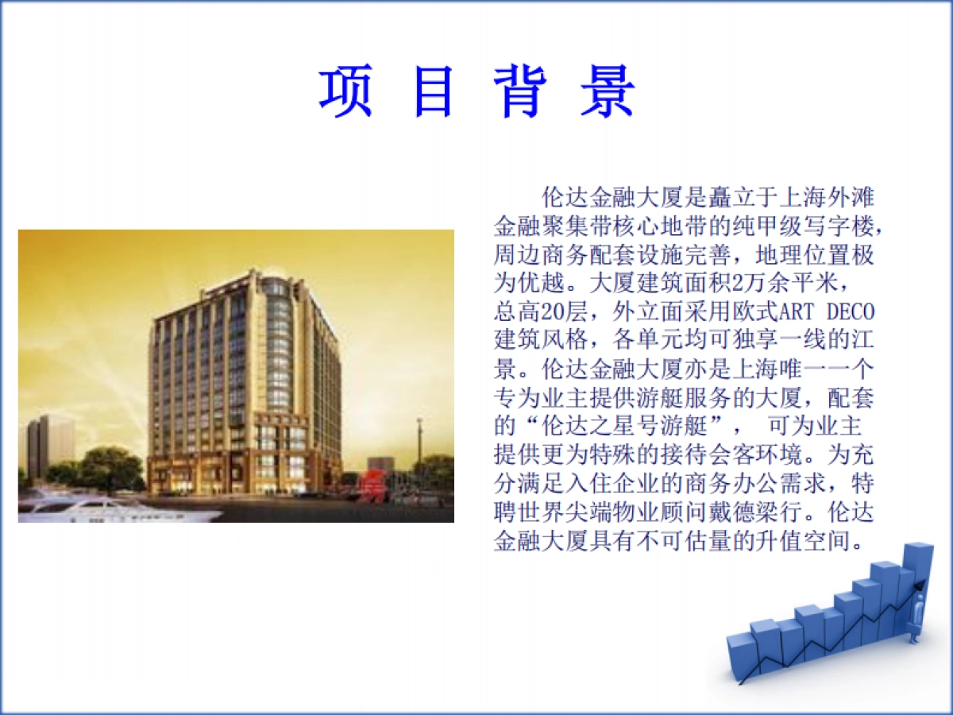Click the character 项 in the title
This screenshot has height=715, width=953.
point(346,93)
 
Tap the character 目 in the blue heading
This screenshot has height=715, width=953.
point(433,93)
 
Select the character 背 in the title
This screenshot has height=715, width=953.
point(519,93)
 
